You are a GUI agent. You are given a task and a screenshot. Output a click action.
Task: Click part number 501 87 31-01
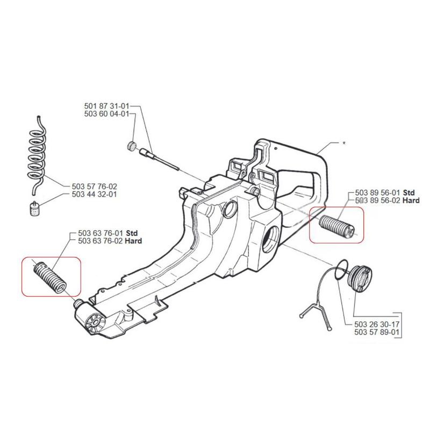[107, 106]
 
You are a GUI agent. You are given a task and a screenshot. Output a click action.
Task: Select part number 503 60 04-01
[107, 114]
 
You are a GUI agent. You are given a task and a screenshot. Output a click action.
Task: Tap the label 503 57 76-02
[94, 187]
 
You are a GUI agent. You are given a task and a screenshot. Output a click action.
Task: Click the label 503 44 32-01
[94, 194]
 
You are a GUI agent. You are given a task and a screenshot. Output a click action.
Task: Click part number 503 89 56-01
[378, 192]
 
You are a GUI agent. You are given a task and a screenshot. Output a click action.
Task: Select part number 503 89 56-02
[378, 200]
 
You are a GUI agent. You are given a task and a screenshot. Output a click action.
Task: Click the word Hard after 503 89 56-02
[411, 200]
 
